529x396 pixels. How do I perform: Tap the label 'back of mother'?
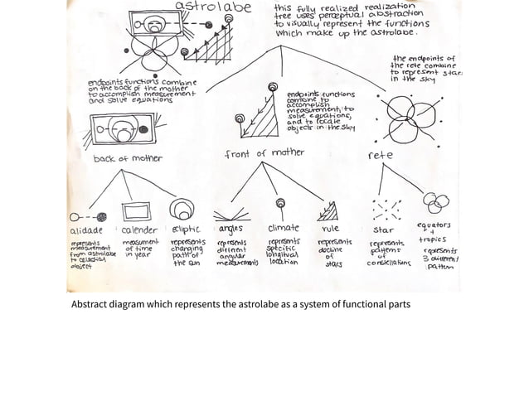128,158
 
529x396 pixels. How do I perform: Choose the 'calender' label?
138,227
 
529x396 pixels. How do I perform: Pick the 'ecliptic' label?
187,227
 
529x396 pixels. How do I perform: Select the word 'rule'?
328,227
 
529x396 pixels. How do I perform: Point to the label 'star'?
384,227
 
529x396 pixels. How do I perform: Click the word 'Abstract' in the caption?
91,304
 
